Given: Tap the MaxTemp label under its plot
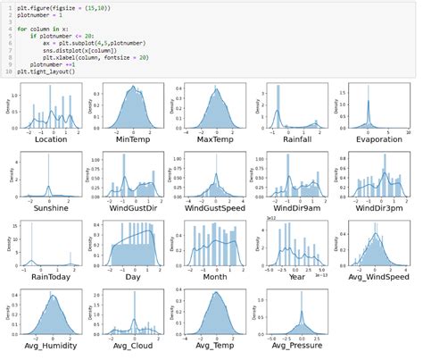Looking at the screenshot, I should (x=213, y=140).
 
